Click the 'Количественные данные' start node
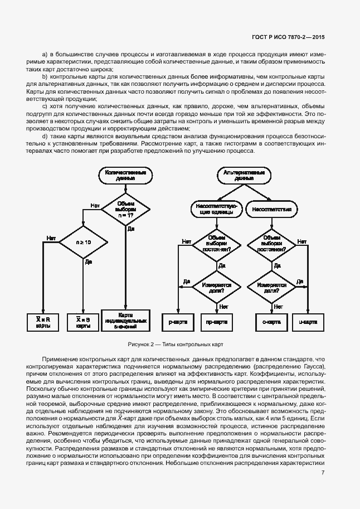tap(126, 176)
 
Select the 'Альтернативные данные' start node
tap(244, 176)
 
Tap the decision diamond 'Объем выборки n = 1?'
tap(126, 208)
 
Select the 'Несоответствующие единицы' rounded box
tap(216, 209)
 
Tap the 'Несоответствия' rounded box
tap(272, 209)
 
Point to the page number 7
tap(323, 473)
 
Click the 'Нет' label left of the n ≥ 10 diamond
tap(51, 238)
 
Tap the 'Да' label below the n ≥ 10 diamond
tap(88, 262)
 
